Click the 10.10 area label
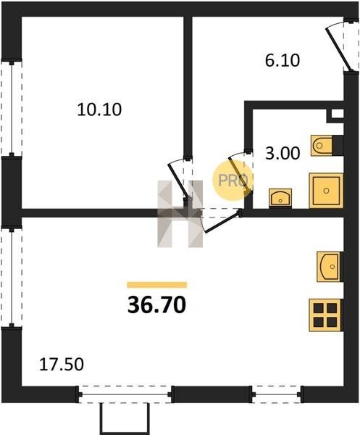[99, 109]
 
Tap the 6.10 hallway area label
[282, 60]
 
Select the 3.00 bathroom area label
[282, 153]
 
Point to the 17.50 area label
[62, 365]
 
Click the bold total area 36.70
[156, 305]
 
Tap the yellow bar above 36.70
[157, 285]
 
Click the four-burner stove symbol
[325, 315]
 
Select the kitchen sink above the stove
[329, 267]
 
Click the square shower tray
[326, 190]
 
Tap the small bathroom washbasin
[280, 198]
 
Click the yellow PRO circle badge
[233, 181]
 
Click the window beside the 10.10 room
[12, 108]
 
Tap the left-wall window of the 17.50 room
[12, 278]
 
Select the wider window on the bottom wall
[125, 394]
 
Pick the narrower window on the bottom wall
[276, 394]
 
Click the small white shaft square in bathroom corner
[337, 114]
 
